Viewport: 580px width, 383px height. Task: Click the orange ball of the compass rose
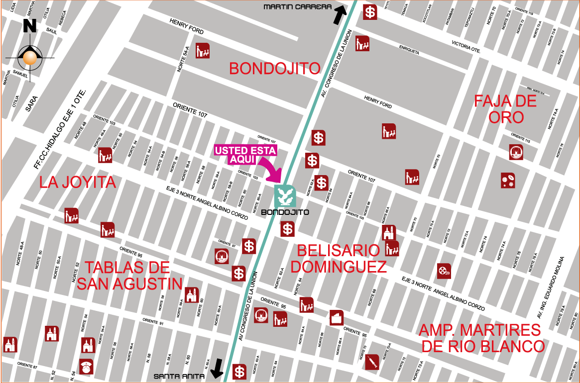click(x=30, y=58)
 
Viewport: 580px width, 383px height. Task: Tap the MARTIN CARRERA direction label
click(x=297, y=7)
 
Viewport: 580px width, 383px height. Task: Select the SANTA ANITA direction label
click(x=178, y=376)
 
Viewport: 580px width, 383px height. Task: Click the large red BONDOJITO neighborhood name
click(x=274, y=69)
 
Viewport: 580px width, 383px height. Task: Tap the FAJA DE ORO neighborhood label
click(x=505, y=109)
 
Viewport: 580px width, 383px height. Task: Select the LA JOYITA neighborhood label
click(x=77, y=182)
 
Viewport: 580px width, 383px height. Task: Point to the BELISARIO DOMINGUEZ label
click(x=339, y=258)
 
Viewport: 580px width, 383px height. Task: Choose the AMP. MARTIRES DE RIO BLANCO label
click(x=481, y=338)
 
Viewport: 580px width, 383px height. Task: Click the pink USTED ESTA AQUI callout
click(x=245, y=154)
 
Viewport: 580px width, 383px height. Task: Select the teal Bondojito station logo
click(x=285, y=196)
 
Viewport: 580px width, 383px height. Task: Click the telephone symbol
click(x=87, y=367)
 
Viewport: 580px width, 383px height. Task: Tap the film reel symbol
click(x=444, y=271)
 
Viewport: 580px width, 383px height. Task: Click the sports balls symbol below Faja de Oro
click(x=508, y=180)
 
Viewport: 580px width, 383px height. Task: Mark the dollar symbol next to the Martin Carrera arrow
click(x=370, y=11)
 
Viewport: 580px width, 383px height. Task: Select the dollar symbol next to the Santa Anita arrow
click(x=239, y=371)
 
